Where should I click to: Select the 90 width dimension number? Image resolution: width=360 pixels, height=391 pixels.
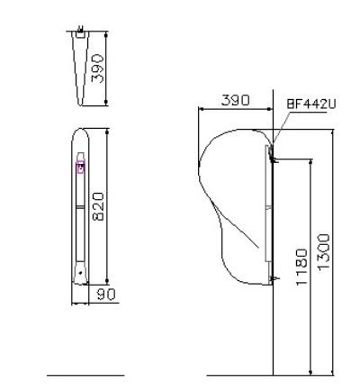(107, 293)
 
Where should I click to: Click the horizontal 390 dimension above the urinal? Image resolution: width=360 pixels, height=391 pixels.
(235, 100)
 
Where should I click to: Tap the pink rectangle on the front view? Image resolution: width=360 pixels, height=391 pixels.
(80, 166)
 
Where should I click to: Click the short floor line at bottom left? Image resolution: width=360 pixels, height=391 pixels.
(85, 373)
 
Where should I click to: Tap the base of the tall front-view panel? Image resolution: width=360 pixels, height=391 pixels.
(80, 274)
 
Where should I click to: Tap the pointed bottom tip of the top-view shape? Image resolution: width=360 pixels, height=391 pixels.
(84, 105)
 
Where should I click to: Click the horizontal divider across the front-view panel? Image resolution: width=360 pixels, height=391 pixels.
(80, 206)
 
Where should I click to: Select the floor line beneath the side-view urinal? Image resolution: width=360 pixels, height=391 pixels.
(270, 373)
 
